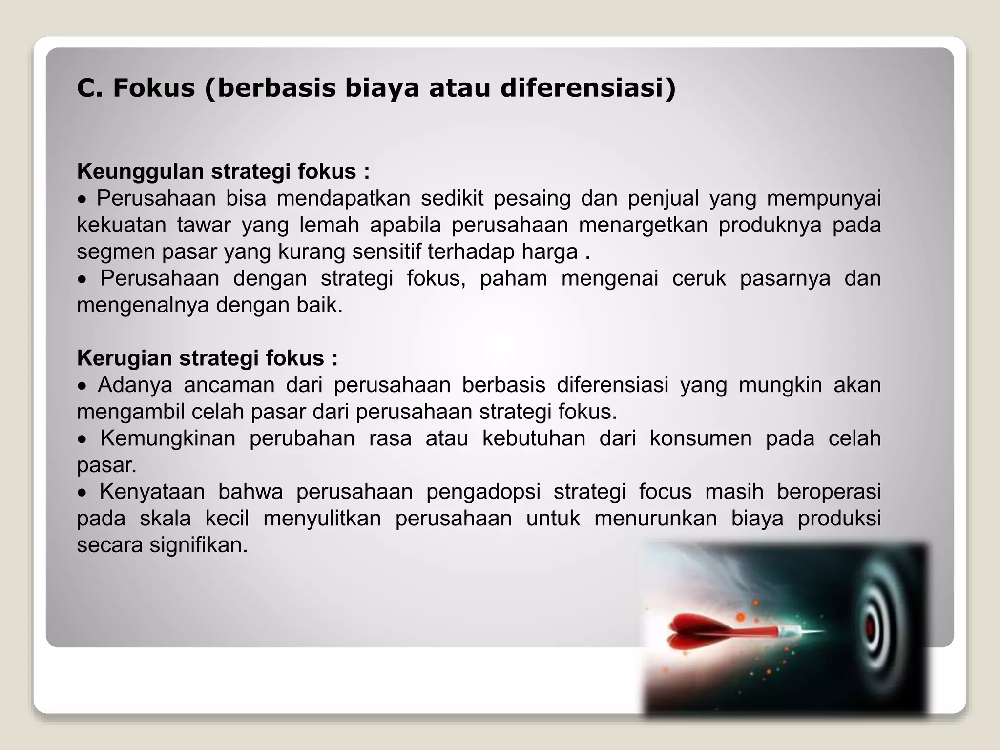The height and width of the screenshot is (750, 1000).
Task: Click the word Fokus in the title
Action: coord(154,88)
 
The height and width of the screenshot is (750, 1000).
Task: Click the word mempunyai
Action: coord(824,198)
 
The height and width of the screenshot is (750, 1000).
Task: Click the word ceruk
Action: coord(699,278)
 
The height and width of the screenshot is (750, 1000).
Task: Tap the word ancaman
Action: coord(229,385)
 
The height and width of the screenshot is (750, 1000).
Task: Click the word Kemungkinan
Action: coord(167,438)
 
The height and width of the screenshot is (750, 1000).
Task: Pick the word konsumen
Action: coord(700,438)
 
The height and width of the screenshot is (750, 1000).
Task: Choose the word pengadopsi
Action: coord(483,491)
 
